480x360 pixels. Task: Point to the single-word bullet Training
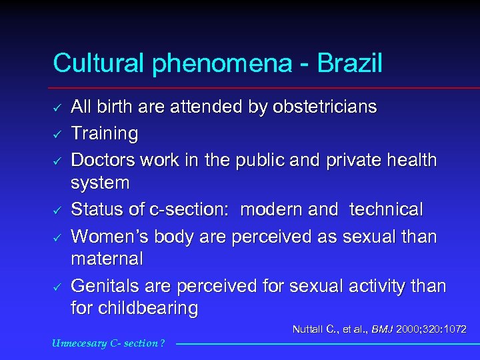click(105, 134)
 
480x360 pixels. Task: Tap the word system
click(101, 183)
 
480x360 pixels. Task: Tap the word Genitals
click(104, 286)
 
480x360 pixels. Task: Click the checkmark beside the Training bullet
click(58, 135)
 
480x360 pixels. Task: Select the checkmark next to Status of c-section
click(58, 211)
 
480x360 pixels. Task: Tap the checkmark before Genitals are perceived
click(58, 287)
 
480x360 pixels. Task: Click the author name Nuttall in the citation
click(309, 329)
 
